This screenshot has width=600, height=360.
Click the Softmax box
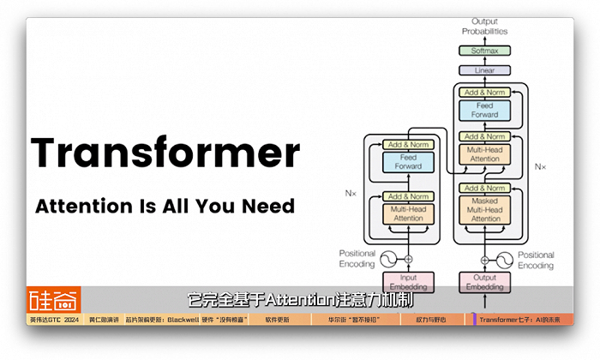484,51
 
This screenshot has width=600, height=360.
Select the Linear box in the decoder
484,70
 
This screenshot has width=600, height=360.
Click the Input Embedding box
408,282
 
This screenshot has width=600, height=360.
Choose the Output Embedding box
484,282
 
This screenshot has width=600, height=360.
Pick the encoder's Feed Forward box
408,162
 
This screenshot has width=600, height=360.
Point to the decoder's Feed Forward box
484,111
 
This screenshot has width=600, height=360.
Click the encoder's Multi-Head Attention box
408,213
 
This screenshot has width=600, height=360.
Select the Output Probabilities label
484,26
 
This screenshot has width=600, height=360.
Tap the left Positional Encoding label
357,259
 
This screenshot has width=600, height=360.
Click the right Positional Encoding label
536,260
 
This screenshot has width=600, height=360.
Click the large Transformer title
165,153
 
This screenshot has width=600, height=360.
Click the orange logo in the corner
53,299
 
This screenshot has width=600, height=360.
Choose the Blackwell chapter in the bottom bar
187,320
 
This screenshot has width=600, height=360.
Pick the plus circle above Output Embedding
484,259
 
